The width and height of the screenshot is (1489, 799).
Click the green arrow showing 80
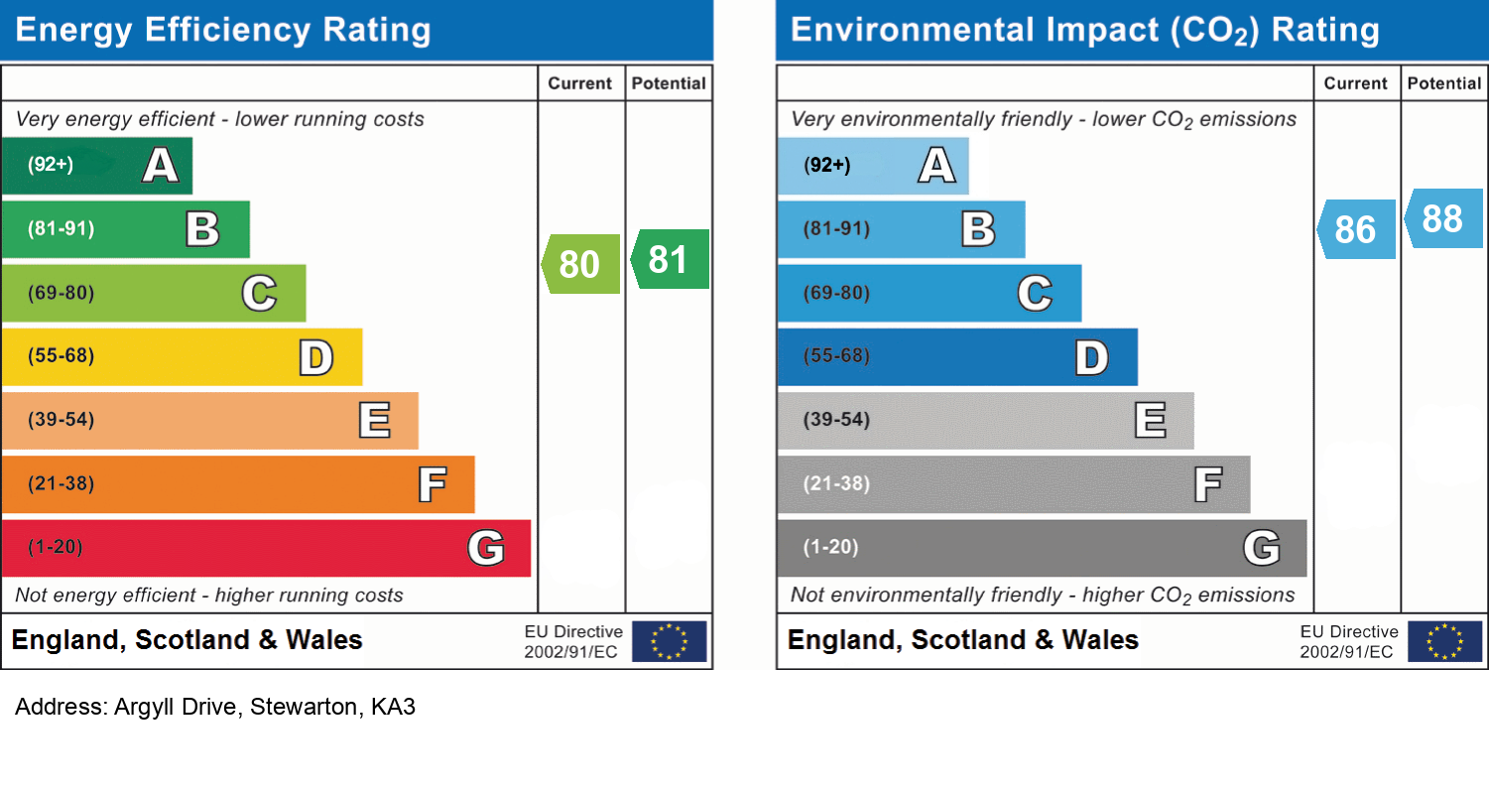(x=581, y=264)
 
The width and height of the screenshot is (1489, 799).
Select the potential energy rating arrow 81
(x=671, y=259)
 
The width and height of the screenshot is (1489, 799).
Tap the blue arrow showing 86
(x=1357, y=229)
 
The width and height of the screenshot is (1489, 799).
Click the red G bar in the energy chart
(x=266, y=548)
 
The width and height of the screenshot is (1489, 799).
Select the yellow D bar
(x=182, y=356)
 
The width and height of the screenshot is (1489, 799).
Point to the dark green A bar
(x=96, y=165)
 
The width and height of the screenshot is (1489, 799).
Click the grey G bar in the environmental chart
(x=1042, y=548)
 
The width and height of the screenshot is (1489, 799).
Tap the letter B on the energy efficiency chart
(x=202, y=229)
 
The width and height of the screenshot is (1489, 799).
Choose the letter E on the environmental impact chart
(x=1150, y=421)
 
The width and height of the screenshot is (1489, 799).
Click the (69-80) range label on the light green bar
(x=62, y=294)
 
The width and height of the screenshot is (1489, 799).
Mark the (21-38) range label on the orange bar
(x=62, y=484)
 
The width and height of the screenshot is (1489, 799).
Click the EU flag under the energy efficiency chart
(x=669, y=641)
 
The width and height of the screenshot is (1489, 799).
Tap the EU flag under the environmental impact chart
(x=1444, y=641)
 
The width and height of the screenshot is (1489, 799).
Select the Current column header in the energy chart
(x=580, y=84)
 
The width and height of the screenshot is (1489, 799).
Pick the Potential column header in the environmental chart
(x=1444, y=84)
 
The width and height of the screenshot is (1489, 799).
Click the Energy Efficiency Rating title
(x=223, y=30)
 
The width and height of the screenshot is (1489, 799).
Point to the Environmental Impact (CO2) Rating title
(x=1084, y=30)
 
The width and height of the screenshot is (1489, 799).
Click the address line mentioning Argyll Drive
(x=215, y=708)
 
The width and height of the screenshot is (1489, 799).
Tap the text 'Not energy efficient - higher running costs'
(x=209, y=596)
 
